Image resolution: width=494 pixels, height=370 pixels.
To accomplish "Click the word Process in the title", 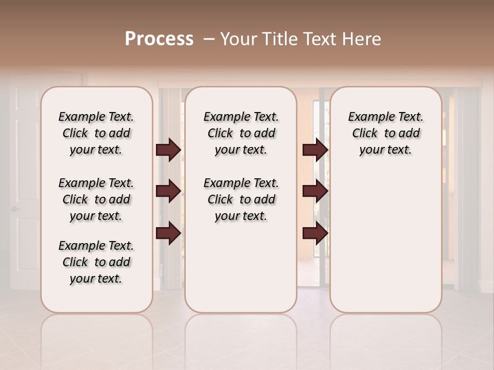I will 159,39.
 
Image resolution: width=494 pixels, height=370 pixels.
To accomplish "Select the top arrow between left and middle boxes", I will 168,150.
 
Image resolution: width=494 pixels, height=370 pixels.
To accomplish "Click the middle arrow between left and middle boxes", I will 168,191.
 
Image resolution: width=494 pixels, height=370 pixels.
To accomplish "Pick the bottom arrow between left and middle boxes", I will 168,233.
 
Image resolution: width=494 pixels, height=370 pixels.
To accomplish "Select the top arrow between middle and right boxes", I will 315,150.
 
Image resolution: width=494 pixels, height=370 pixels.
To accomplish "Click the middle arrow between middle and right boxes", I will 315,191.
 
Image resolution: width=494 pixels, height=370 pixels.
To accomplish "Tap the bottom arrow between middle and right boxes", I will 315,233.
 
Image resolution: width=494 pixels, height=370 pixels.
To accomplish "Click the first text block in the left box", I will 96,133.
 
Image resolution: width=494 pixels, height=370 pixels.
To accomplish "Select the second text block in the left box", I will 96,199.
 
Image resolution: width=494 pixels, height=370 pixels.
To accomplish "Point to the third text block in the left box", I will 96,262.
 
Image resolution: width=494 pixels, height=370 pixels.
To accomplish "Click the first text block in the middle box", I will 241,133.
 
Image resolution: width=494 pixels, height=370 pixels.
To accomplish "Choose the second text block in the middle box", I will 241,199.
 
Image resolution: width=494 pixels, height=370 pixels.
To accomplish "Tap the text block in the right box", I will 385,133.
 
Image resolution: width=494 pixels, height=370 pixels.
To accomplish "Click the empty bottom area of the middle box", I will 241,272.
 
